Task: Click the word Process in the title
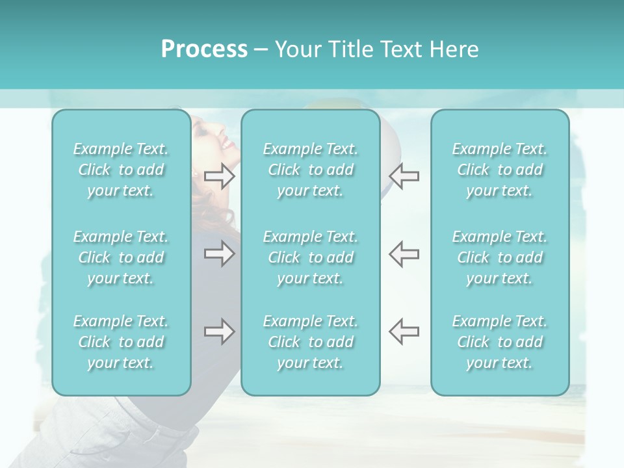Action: (204, 49)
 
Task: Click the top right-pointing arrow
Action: (220, 176)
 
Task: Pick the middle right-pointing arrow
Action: (220, 253)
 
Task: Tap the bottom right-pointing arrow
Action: (220, 331)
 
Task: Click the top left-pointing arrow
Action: (404, 176)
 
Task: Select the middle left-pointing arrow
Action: (404, 253)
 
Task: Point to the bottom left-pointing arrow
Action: (404, 331)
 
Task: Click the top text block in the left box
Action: (121, 170)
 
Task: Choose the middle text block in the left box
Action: (121, 257)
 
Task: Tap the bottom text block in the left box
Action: (121, 342)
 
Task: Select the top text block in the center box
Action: (311, 170)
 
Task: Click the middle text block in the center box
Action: (311, 257)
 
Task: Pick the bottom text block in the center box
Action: (311, 342)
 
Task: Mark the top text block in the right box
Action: (500, 170)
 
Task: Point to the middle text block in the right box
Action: (500, 257)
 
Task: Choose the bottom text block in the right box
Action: (500, 342)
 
